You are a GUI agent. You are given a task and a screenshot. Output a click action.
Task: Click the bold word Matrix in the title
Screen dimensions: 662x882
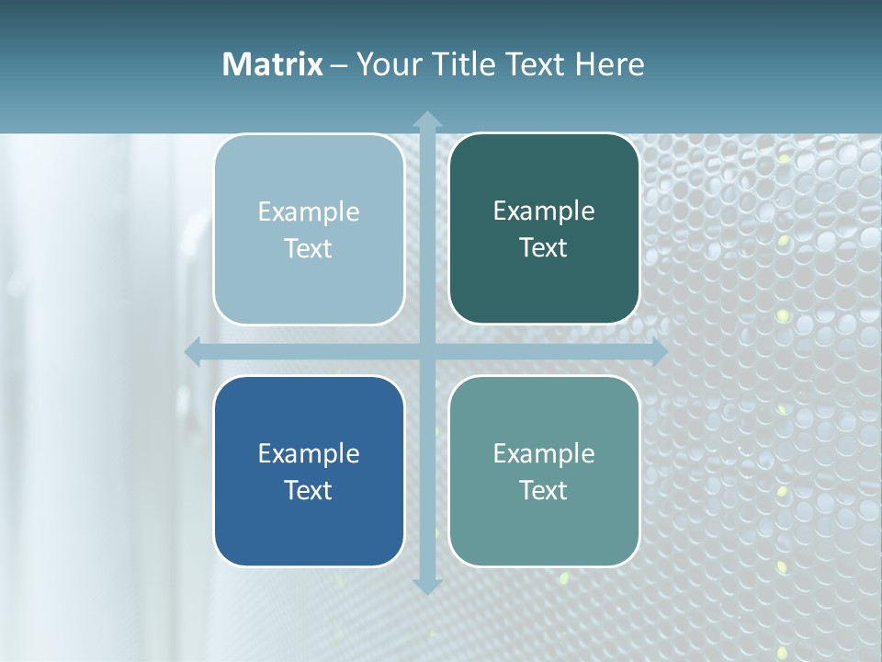(x=273, y=64)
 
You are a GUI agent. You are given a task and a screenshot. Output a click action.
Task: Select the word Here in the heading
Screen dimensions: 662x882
(x=610, y=64)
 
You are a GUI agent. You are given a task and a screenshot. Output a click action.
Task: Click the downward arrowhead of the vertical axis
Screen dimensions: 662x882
(x=427, y=586)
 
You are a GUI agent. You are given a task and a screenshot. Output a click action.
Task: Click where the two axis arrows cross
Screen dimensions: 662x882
(x=427, y=351)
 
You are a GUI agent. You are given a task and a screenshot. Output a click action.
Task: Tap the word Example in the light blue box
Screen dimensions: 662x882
(x=309, y=212)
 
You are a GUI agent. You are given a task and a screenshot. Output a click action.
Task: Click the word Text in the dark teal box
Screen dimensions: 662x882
(x=544, y=248)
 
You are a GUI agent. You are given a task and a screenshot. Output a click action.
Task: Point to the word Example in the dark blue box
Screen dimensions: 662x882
(x=309, y=453)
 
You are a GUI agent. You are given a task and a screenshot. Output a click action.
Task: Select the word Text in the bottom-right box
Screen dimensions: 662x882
(x=544, y=490)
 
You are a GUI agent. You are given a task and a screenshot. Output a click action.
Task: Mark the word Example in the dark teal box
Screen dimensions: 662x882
(x=544, y=211)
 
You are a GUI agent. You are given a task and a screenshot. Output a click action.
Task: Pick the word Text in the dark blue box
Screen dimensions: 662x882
(x=309, y=490)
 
